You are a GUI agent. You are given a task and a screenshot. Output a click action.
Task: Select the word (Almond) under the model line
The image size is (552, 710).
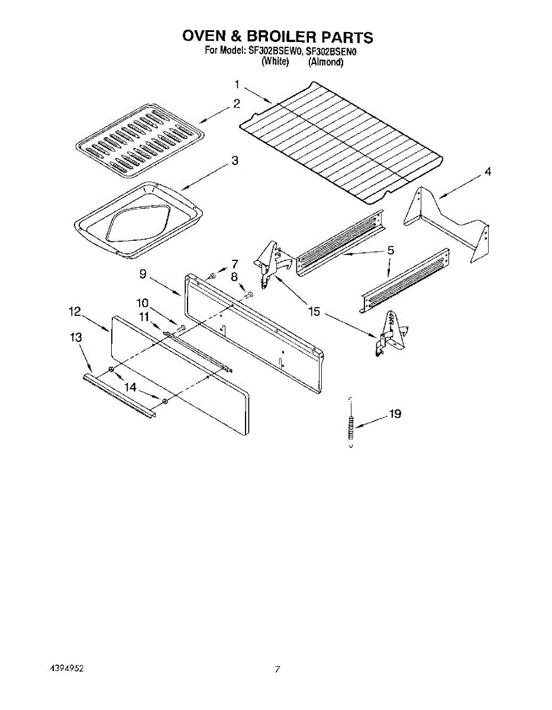[x=325, y=62]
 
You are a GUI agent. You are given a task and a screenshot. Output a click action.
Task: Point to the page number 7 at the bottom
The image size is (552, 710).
[x=276, y=669]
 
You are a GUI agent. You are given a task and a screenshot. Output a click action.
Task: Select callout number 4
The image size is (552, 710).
[x=488, y=172]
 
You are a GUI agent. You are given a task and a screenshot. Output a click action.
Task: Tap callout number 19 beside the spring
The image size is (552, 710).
[x=395, y=414]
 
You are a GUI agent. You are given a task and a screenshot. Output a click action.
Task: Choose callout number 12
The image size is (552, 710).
[x=75, y=311]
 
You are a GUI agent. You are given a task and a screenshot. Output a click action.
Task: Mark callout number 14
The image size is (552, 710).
[x=130, y=387]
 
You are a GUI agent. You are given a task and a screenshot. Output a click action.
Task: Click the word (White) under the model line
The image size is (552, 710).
[x=275, y=62]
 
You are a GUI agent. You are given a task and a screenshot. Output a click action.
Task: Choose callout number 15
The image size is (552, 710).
[x=314, y=311]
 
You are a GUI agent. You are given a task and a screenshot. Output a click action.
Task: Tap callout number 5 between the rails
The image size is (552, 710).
[x=390, y=251]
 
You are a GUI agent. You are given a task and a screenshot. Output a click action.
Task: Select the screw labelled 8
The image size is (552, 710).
[x=250, y=294]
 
